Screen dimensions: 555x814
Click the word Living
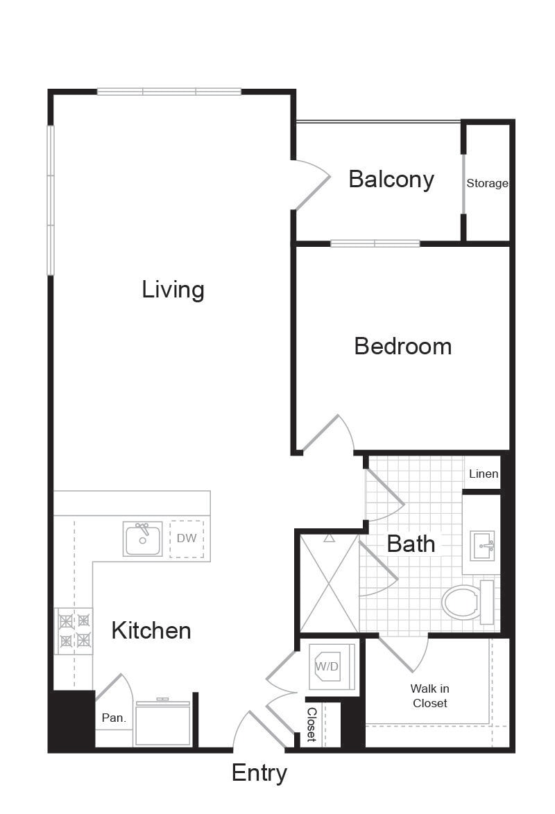click(173, 290)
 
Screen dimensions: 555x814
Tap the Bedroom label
click(403, 346)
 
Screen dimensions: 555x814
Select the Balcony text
click(391, 180)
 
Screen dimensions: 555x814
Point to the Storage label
click(487, 183)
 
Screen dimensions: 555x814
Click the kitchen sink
click(142, 539)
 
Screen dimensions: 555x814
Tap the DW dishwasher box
click(187, 539)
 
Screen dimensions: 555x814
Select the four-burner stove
click(74, 631)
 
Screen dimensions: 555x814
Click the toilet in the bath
click(468, 603)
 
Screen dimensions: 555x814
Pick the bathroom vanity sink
click(482, 546)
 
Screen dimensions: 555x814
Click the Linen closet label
click(484, 474)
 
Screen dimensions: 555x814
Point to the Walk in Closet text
click(429, 695)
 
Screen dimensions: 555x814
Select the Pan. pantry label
click(114, 718)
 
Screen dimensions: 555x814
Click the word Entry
click(259, 773)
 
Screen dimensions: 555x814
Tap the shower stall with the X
click(330, 584)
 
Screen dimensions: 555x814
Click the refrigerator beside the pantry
click(162, 723)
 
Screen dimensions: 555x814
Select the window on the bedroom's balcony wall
click(375, 243)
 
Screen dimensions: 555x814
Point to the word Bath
click(411, 544)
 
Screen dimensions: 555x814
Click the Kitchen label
click(151, 631)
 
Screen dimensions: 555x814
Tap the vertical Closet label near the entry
click(311, 724)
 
